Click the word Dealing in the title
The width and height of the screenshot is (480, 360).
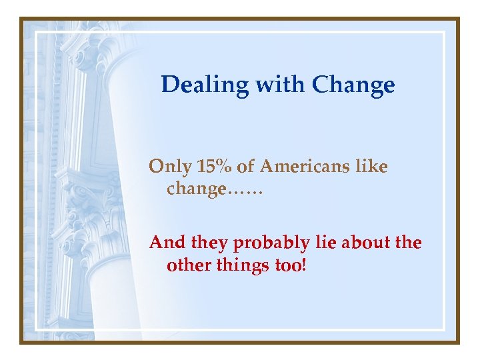pos(193,85)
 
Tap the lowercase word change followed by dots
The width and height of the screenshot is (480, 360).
pos(197,189)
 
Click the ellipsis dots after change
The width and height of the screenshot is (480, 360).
pos(246,192)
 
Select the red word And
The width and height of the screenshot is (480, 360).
pos(165,243)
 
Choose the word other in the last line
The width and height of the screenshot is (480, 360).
pos(187,265)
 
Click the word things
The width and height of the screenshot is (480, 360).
pos(241,265)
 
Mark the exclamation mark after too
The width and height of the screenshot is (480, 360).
pos(305,265)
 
